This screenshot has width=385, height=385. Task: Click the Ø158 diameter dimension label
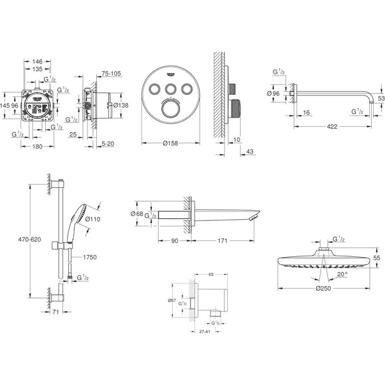click(170, 143)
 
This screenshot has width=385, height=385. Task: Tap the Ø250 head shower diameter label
click(325, 289)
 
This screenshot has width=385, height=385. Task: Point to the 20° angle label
click(341, 273)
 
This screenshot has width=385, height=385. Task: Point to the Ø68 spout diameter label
click(137, 213)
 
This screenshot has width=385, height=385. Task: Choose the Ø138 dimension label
click(120, 105)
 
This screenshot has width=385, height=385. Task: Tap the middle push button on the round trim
click(170, 88)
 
